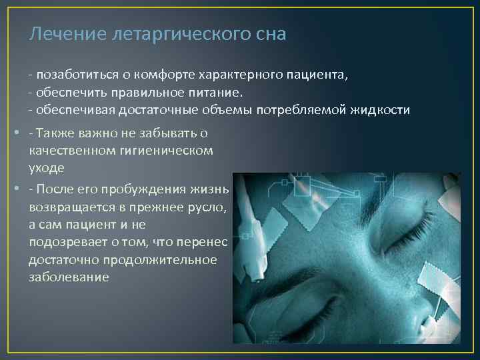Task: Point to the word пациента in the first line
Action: pyautogui.click(x=319, y=75)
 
